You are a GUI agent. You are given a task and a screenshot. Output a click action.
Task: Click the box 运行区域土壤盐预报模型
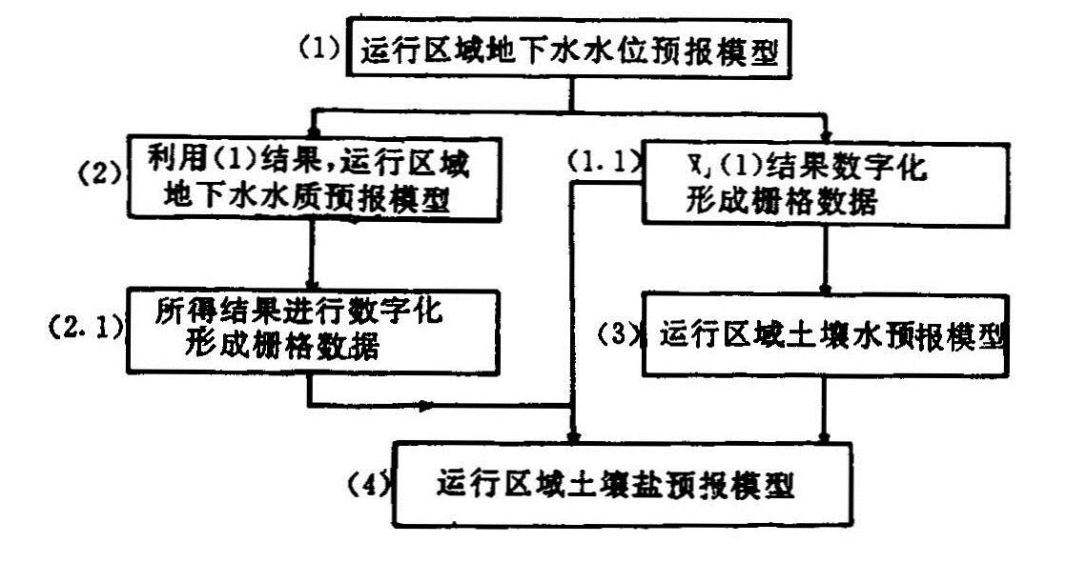coord(620,484)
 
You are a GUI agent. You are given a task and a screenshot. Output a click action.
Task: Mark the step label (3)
coord(621,335)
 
